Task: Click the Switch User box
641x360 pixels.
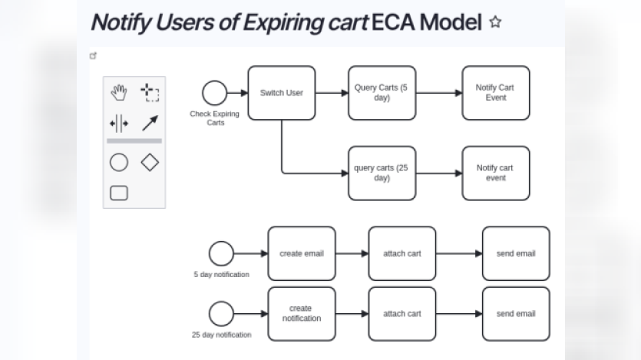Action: coord(281,93)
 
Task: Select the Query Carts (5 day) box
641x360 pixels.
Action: coord(382,93)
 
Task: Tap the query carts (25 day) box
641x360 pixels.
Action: coord(382,173)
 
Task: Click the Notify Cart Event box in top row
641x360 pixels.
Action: coord(495,93)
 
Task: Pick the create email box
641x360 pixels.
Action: coord(301,253)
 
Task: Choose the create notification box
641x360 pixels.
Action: coord(301,313)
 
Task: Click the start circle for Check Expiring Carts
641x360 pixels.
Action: coord(215,93)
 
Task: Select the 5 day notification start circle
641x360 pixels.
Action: coord(221,253)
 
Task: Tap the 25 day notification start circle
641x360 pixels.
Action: coord(221,313)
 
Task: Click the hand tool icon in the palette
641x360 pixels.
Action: coord(118,93)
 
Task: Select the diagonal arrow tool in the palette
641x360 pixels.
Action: coord(150,123)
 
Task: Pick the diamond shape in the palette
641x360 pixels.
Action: coord(150,162)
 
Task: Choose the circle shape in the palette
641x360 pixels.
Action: coord(118,162)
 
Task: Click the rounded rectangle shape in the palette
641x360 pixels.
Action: coord(118,193)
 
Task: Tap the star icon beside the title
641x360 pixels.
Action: coord(495,22)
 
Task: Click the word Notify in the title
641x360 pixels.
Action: coord(117,21)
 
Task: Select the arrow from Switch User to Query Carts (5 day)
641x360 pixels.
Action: coord(332,93)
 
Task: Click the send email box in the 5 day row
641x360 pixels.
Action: coord(515,253)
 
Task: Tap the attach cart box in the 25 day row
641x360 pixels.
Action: coord(401,313)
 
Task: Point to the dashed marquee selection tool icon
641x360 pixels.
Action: coord(150,93)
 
